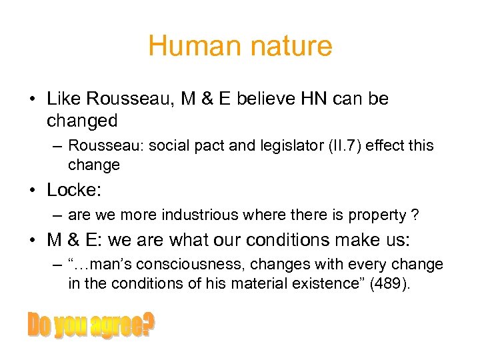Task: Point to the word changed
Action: pos(82,121)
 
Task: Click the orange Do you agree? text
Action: pos(90,326)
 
